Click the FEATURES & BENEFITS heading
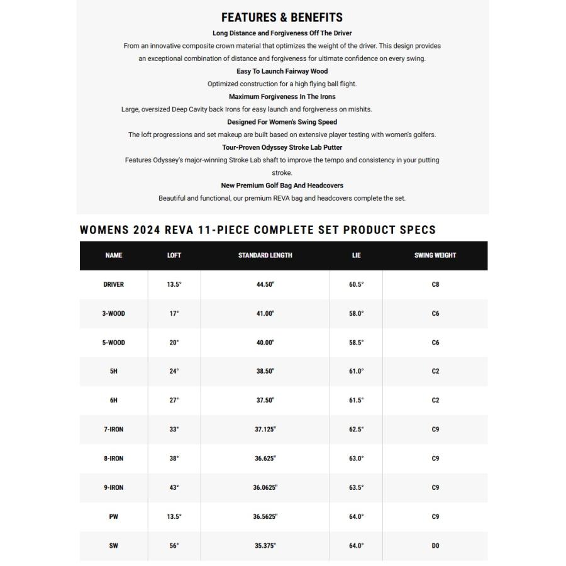[282, 18]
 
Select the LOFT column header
[174, 255]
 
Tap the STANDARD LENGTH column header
[265, 255]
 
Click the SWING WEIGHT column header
[435, 255]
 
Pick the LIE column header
[356, 255]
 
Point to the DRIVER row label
[114, 284]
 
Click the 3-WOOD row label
[114, 313]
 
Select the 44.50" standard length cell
[265, 284]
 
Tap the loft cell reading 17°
[174, 313]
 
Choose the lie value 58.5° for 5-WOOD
[356, 343]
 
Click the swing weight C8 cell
[435, 284]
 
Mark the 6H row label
[114, 401]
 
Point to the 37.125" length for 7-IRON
[265, 430]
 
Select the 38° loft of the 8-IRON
[174, 458]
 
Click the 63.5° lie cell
[356, 487]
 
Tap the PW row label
[114, 516]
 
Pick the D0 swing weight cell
[435, 546]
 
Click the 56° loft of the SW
[174, 546]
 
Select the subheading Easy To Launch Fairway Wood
[282, 71]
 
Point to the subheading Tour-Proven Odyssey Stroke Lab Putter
[282, 147]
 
